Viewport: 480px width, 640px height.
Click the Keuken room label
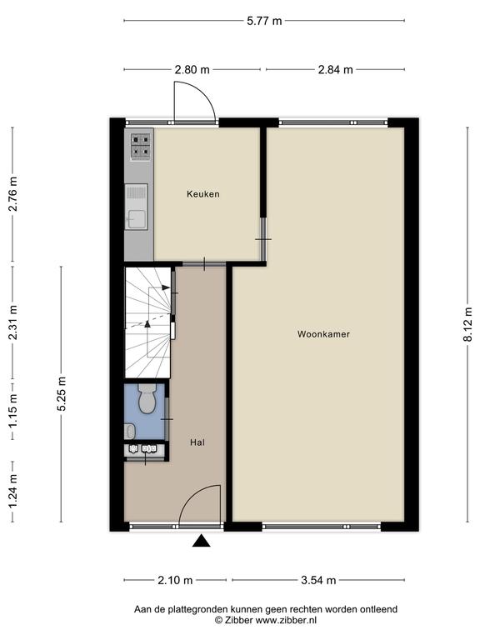tap(202, 194)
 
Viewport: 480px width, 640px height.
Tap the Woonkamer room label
tap(323, 334)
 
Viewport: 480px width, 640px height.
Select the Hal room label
tap(197, 442)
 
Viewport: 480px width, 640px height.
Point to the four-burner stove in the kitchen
tap(140, 146)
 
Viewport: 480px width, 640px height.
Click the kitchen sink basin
tap(137, 219)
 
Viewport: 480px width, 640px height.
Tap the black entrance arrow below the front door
tap(201, 541)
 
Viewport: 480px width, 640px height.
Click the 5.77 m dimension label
tap(264, 21)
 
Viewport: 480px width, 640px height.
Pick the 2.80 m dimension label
tap(192, 70)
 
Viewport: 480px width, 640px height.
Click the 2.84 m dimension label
tap(335, 70)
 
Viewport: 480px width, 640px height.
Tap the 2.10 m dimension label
tap(175, 580)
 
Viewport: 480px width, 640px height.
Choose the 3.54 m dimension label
tap(318, 580)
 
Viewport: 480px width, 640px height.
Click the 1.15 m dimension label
tap(12, 411)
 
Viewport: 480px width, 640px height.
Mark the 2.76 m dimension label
tap(12, 194)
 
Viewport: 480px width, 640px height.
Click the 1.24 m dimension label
tap(12, 492)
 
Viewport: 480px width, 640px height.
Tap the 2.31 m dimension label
tap(12, 322)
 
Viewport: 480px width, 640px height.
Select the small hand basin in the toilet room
tap(129, 431)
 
